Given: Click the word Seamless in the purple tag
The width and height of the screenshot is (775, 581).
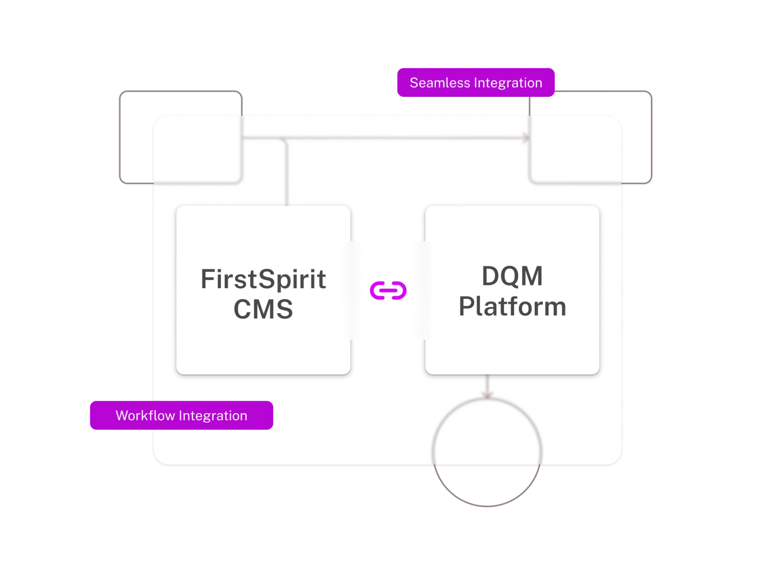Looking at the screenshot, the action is coord(440,83).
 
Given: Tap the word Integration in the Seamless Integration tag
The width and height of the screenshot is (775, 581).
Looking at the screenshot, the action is coord(508,83).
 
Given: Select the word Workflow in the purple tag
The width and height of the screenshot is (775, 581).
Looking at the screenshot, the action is coord(145,415).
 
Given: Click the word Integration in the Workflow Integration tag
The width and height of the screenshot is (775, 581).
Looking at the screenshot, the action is coord(213,415).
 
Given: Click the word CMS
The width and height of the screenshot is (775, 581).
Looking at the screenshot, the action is coord(263,309).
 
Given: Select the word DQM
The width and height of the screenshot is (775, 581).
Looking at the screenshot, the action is coord(512,276).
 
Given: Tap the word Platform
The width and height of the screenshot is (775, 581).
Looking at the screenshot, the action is coord(512,306).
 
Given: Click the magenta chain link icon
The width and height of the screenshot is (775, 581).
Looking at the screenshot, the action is coord(388,290).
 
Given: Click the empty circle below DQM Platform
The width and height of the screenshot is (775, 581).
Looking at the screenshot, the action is coord(434,452).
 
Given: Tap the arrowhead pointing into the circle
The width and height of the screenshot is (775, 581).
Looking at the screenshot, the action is coord(487,395).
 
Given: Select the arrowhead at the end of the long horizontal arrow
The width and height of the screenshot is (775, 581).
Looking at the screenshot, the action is coord(526,137).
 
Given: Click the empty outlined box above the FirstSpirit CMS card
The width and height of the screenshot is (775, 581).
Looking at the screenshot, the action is coord(120,137).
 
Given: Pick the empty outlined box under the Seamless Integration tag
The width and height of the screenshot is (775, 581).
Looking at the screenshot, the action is coord(651,137).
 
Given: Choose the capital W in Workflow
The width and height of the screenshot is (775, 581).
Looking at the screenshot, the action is coord(122,415).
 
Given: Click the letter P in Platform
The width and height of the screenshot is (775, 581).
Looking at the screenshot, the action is coord(466,306).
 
